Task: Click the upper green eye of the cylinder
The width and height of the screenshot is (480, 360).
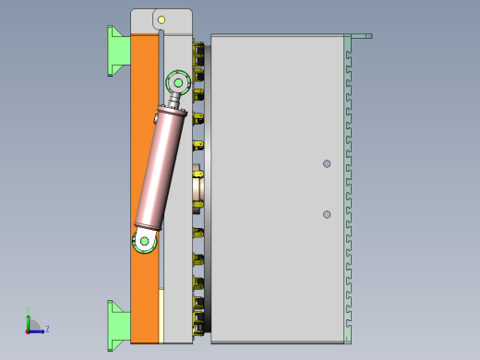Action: (x=177, y=83)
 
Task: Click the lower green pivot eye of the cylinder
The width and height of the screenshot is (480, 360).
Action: (x=143, y=242)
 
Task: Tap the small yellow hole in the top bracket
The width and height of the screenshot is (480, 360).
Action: (x=161, y=19)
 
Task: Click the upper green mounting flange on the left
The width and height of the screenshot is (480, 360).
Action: (x=117, y=50)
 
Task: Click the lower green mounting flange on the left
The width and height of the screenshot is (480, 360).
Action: (x=117, y=324)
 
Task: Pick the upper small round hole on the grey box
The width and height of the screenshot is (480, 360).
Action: (x=327, y=163)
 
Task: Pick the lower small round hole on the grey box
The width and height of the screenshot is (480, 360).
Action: (x=327, y=214)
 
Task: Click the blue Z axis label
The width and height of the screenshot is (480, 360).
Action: (x=47, y=329)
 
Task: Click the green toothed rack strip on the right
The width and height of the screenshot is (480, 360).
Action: (x=348, y=185)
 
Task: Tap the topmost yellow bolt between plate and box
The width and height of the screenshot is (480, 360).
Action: (x=198, y=46)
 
